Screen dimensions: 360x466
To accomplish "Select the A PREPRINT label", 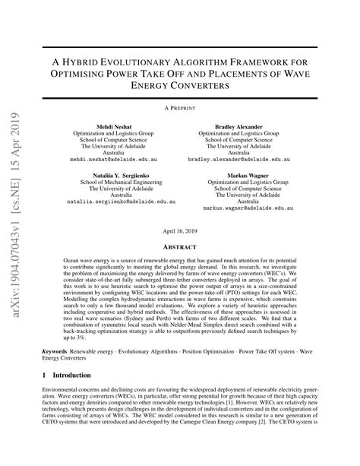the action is pos(180,109).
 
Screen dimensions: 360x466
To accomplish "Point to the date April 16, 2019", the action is pos(180,231).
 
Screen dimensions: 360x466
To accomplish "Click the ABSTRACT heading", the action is pos(180,246).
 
